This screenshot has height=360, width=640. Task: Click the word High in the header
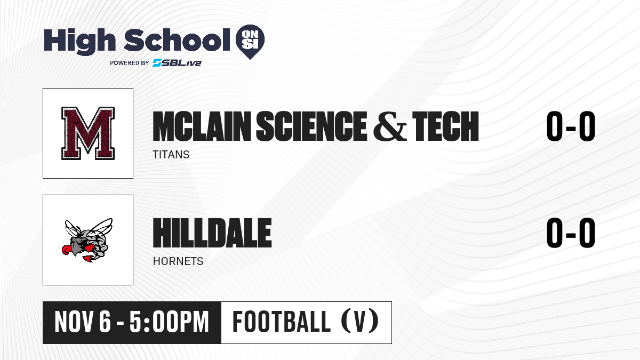click(79, 41)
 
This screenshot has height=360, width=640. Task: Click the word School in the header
click(177, 39)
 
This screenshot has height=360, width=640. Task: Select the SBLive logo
click(177, 62)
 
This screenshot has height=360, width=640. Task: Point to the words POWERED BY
click(130, 63)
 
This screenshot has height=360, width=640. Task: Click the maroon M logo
click(88, 133)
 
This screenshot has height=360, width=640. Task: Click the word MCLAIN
click(202, 126)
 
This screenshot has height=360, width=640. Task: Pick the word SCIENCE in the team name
click(311, 126)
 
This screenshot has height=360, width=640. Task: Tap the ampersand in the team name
click(390, 126)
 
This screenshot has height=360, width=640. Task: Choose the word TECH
click(445, 126)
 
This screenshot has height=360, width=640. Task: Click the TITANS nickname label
click(171, 155)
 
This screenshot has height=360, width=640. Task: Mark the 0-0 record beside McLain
click(571, 126)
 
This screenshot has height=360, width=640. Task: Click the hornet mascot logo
click(87, 240)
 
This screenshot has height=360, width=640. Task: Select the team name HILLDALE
click(212, 233)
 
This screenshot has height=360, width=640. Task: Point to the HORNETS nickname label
click(178, 261)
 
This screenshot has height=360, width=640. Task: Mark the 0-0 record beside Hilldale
click(571, 233)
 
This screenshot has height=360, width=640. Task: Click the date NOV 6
click(83, 322)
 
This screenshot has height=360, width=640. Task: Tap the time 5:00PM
click(170, 322)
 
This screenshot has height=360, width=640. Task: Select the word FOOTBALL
click(282, 322)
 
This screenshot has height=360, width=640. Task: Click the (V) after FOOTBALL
click(360, 322)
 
